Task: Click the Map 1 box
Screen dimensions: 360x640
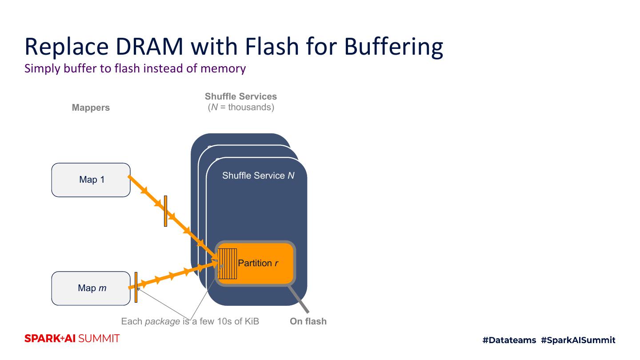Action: pyautogui.click(x=91, y=180)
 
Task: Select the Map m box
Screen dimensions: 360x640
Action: pyautogui.click(x=91, y=288)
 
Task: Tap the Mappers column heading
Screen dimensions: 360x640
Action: pyautogui.click(x=91, y=108)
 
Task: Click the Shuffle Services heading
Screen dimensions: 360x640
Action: pyautogui.click(x=241, y=96)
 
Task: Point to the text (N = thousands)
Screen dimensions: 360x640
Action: pyautogui.click(x=241, y=107)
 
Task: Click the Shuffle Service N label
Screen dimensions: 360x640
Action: pyautogui.click(x=258, y=176)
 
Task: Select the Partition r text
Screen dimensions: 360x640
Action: pyautogui.click(x=258, y=263)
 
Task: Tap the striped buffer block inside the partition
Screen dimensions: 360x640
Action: pyautogui.click(x=228, y=264)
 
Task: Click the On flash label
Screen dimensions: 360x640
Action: pyautogui.click(x=308, y=321)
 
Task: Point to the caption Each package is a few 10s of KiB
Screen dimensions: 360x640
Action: pyautogui.click(x=190, y=321)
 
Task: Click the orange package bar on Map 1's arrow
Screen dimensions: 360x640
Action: pyautogui.click(x=165, y=211)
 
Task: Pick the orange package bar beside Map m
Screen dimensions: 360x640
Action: pyautogui.click(x=136, y=287)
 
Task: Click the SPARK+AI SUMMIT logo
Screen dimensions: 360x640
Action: pyautogui.click(x=72, y=339)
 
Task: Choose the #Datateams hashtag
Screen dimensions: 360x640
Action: pyautogui.click(x=509, y=340)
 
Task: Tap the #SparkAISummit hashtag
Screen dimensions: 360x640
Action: pyautogui.click(x=578, y=340)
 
